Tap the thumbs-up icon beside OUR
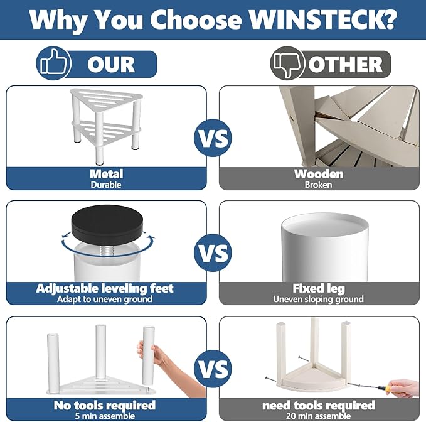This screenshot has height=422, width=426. pos(53,63)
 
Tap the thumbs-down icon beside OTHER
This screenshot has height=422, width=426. pos(287,63)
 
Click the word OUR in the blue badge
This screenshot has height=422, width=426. pos(111,65)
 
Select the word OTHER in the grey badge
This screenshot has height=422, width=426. pos(345,65)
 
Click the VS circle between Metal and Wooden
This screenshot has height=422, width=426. pos(213,138)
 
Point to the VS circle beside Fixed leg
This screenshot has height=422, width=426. pos(213,253)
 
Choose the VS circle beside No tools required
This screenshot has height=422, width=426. pos(213,369)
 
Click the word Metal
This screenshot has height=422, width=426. pos(107,174)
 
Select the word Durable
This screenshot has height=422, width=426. pos(106,185)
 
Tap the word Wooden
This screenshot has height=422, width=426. pos(319,174)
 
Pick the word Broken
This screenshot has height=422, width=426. pos(319,185)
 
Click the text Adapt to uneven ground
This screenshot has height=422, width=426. pos(105,300)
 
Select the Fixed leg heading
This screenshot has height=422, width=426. pos(319,288)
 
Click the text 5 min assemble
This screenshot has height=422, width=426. pos(105,416)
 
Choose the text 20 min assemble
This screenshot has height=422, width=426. pos(319,416)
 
